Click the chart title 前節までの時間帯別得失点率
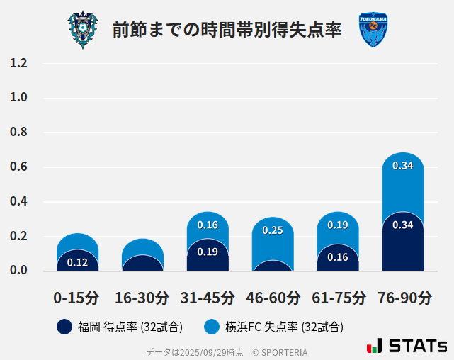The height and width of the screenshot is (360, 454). [227, 30]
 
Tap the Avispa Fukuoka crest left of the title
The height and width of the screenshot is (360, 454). [82, 30]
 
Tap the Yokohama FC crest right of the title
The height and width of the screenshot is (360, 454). [373, 30]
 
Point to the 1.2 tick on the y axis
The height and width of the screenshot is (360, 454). [18, 64]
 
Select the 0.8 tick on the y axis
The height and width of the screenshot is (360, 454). [18, 133]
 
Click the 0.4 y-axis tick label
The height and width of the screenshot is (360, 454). [18, 202]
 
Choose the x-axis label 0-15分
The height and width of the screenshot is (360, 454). [76, 298]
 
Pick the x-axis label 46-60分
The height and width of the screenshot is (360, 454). [273, 298]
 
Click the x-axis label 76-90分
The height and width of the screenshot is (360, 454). [403, 298]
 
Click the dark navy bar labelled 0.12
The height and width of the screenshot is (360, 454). [77, 262]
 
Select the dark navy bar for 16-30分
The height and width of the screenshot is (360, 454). [142, 264]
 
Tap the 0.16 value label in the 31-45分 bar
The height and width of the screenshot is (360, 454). [208, 225]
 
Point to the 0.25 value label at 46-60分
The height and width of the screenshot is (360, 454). [273, 230]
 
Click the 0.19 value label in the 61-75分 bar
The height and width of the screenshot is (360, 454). [338, 225]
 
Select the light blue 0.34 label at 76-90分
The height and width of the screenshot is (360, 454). [403, 166]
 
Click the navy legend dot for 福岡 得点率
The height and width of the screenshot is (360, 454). [64, 327]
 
